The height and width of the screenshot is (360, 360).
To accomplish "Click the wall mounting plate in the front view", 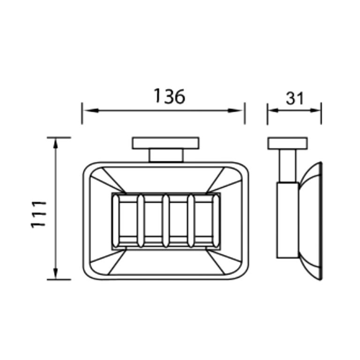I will [x=165, y=143].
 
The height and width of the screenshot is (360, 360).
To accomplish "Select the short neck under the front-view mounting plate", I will [x=165, y=156].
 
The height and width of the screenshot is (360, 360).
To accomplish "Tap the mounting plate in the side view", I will [x=287, y=143].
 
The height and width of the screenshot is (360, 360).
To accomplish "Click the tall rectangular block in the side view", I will [x=287, y=220].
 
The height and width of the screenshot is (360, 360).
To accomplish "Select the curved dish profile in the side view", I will [x=311, y=220].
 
